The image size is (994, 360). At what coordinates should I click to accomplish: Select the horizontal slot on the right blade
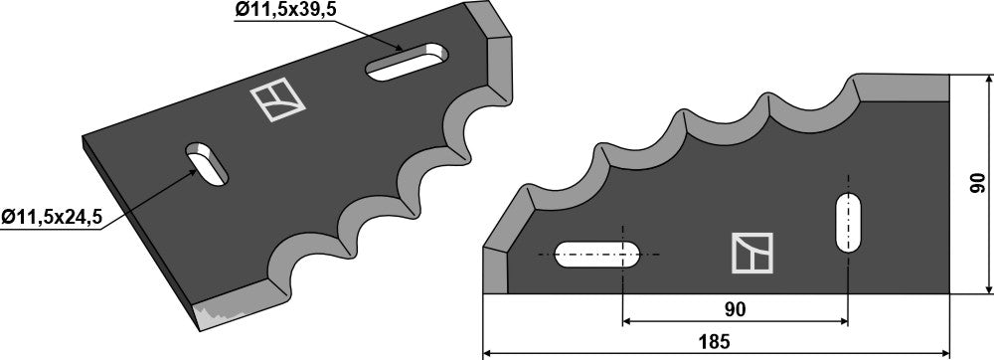[x=598, y=255]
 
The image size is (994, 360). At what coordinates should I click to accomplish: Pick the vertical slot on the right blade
[x=849, y=224]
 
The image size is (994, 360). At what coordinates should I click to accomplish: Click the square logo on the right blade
[x=752, y=254]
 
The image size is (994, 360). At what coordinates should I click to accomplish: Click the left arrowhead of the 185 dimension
[x=489, y=353]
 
